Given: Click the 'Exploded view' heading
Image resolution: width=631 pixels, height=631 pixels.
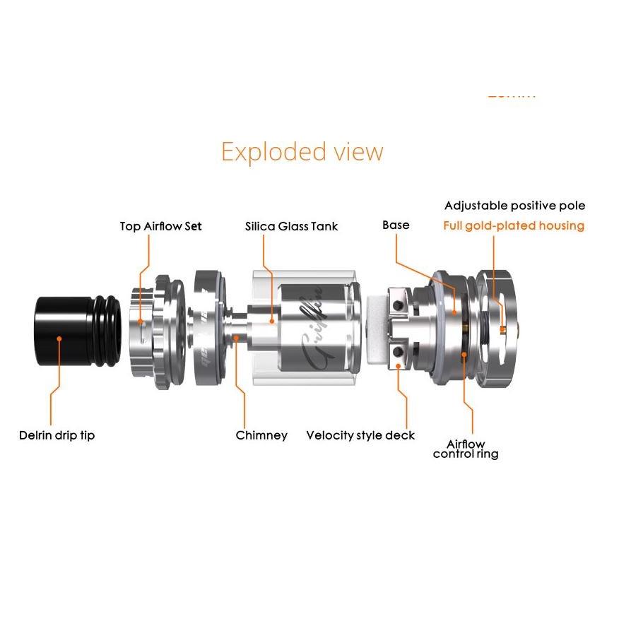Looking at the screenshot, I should (302, 152).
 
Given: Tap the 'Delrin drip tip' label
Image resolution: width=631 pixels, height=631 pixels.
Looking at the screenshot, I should (57, 435).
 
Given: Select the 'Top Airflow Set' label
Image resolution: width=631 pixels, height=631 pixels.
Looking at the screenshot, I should (160, 226).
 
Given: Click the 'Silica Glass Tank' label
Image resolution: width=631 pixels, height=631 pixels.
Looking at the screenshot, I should (291, 226).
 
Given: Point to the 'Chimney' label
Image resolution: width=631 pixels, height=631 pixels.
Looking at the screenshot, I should (261, 435).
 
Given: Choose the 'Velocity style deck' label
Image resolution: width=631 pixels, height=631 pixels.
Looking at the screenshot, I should (360, 435).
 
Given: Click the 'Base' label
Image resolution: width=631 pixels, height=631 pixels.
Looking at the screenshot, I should (396, 225).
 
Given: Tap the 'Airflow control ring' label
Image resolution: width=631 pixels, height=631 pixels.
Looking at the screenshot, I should (465, 449).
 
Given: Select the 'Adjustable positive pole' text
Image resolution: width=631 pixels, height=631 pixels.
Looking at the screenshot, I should (514, 206).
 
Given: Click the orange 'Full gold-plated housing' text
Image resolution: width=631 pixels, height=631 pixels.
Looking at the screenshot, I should (514, 226).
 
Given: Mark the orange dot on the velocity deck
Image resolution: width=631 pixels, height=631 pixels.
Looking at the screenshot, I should (400, 365).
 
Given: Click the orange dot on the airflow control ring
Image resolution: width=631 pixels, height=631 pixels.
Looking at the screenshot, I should (464, 353).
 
